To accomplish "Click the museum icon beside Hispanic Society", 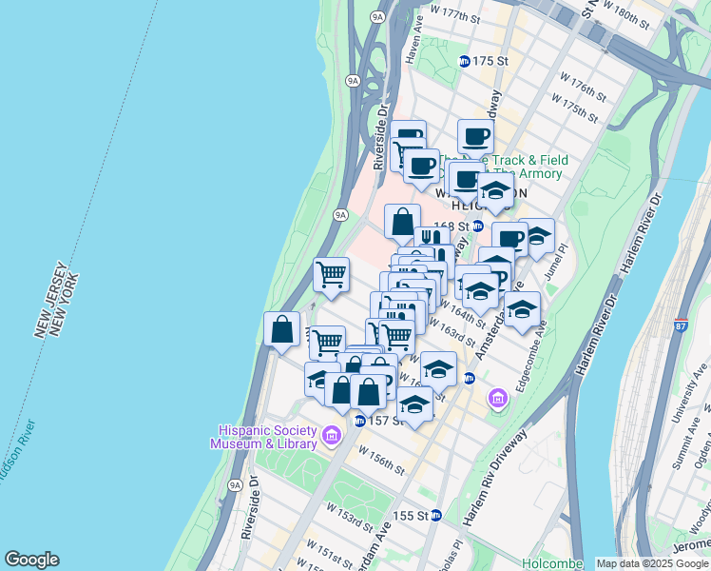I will click(332, 436).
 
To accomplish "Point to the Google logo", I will click(31, 560).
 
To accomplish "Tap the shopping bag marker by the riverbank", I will click(282, 330).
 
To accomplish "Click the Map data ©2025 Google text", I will click(651, 563).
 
